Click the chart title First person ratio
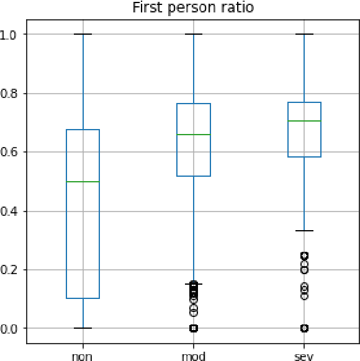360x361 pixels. [x=193, y=8]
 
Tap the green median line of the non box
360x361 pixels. [x=83, y=182]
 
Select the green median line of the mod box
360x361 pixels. [x=194, y=135]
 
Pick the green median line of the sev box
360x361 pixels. [x=304, y=121]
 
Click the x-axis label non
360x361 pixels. [x=83, y=355]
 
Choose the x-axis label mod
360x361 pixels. [x=194, y=355]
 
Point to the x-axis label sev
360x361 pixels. [x=304, y=355]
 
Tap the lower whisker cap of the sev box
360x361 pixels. [x=304, y=231]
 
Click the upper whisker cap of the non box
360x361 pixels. [x=83, y=35]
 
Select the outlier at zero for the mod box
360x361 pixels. [x=194, y=328]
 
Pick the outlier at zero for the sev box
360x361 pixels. [x=304, y=328]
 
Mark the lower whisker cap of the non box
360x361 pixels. [x=83, y=328]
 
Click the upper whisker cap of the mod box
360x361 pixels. [x=194, y=35]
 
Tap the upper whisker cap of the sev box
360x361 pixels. [x=304, y=35]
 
